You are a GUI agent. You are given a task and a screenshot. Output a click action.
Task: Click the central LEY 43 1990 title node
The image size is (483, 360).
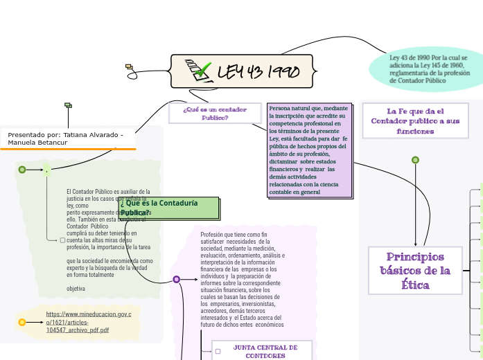pyautogui.click(x=242, y=71)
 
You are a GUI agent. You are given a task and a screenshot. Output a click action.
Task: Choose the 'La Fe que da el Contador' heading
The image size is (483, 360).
pyautogui.click(x=415, y=120)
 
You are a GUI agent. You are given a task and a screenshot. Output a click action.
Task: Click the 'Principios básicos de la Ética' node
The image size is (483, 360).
pyautogui.click(x=415, y=271)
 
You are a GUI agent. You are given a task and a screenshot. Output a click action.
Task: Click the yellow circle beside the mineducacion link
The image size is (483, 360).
pyautogui.click(x=22, y=322)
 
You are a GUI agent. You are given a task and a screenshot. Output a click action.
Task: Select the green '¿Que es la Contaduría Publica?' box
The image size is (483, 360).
pyautogui.click(x=169, y=208)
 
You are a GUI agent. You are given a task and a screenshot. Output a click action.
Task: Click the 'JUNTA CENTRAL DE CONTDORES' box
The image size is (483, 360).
pyautogui.click(x=265, y=351)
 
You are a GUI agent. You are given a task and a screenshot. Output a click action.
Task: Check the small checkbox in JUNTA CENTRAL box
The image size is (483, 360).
pyautogui.click(x=218, y=351)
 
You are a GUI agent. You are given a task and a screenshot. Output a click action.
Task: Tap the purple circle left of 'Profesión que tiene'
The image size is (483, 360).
pyautogui.click(x=177, y=279)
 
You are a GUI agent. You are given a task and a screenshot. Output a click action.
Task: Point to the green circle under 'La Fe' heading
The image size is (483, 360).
pyautogui.click(x=415, y=160)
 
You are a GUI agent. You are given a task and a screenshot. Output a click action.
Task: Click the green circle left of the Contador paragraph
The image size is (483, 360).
pyautogui.click(x=22, y=170)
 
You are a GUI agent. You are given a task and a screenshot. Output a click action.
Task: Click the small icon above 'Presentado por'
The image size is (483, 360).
pyautogui.click(x=68, y=105)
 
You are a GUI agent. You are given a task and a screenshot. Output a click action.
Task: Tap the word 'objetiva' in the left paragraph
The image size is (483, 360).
pyautogui.click(x=76, y=288)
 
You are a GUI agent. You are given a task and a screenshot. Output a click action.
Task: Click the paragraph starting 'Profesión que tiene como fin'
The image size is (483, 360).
pyautogui.click(x=242, y=279)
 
